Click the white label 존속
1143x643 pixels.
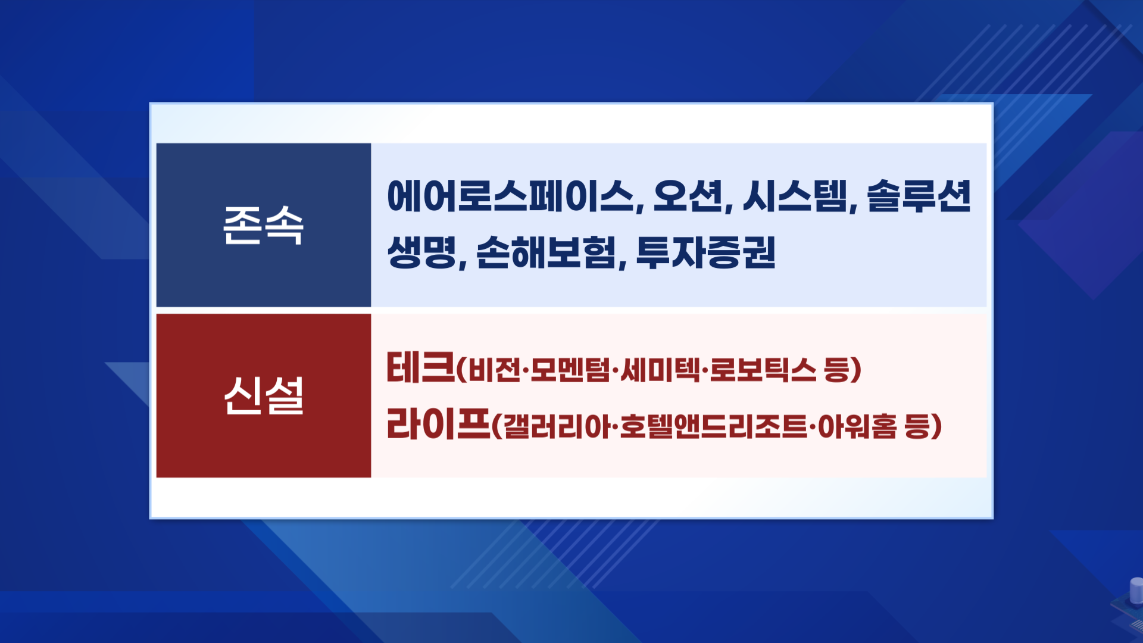[x=263, y=225]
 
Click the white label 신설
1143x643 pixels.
[x=263, y=395]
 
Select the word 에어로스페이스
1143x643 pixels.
[x=511, y=196]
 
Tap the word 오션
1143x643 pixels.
[x=688, y=196]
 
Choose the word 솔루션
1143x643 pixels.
[x=919, y=196]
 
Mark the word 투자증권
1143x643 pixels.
[x=706, y=252]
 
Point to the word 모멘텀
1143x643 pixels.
[x=570, y=370]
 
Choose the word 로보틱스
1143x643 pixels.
[x=763, y=370]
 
